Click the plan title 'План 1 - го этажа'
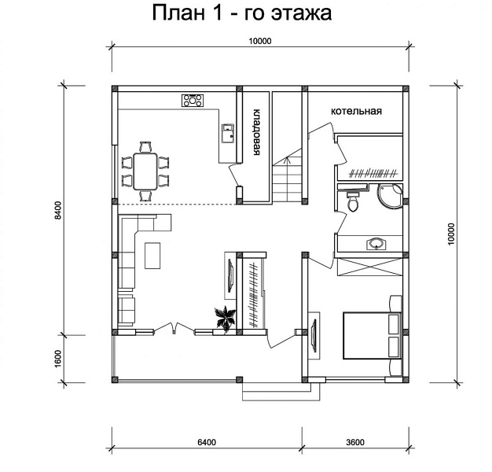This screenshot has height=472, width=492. click(x=241, y=13)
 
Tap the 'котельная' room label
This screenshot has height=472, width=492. click(x=357, y=111)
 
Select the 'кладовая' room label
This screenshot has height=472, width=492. click(x=257, y=132)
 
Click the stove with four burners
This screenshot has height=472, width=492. click(x=193, y=101)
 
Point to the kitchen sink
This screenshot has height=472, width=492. click(x=228, y=134)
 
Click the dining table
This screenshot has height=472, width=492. click(x=145, y=171)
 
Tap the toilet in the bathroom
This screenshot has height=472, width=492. click(x=354, y=201)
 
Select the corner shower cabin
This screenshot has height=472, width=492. click(x=390, y=196)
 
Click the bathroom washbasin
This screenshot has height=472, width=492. click(x=376, y=243)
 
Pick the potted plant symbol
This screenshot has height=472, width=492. click(x=225, y=318)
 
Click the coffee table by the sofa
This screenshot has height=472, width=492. click(x=152, y=256)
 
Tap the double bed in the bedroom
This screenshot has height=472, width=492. click(x=373, y=335)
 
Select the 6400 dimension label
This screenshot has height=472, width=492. click(x=207, y=442)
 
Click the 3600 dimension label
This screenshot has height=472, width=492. click(x=355, y=442)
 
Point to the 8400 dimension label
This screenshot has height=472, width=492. click(x=58, y=210)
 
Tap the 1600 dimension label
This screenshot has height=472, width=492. click(x=58, y=359)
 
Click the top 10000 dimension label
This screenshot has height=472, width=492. click(x=260, y=41)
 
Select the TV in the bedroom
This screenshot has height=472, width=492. click(x=314, y=335)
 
